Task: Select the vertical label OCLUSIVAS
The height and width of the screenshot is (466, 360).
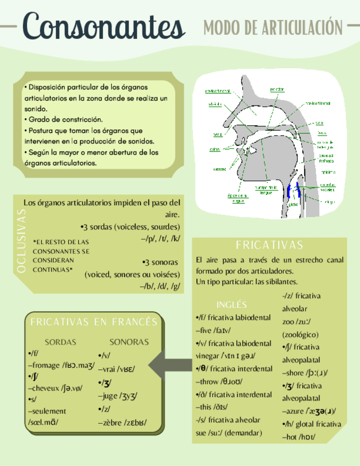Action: point(21,243)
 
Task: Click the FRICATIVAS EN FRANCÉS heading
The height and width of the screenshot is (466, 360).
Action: point(94,322)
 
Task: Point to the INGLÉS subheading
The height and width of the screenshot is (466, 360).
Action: point(231,304)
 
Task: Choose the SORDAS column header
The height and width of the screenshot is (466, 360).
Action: point(60,342)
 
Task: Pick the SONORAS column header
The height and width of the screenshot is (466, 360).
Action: point(129,342)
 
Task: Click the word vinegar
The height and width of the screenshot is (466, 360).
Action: point(209,356)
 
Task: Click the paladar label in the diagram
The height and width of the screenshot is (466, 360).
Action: point(277,89)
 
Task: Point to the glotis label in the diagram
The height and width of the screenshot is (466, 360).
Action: point(293,206)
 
